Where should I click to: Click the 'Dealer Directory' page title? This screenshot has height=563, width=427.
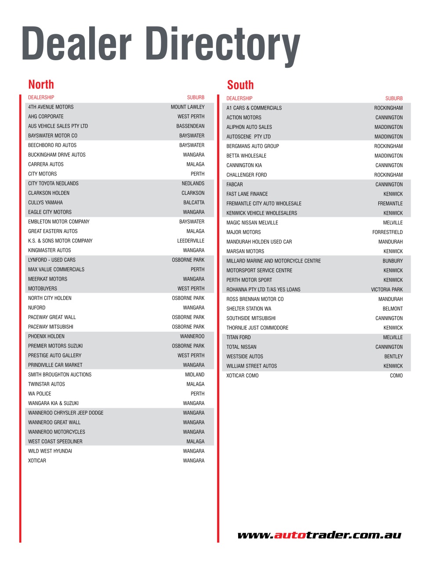tap(160, 44)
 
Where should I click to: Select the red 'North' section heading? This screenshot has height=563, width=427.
tap(41, 84)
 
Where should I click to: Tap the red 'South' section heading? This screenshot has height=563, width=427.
tap(240, 85)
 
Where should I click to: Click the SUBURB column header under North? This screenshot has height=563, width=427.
tap(195, 97)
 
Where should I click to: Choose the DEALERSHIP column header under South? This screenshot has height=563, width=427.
tap(239, 98)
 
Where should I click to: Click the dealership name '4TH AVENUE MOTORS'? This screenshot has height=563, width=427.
tap(51, 107)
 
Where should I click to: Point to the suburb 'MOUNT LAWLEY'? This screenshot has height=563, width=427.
tap(188, 107)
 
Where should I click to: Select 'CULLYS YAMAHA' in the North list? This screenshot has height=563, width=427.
tap(45, 202)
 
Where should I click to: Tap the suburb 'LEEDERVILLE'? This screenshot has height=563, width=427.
tap(191, 241)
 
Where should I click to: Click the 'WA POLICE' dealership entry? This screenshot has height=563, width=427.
tap(40, 394)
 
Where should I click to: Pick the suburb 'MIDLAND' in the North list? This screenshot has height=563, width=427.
tap(195, 375)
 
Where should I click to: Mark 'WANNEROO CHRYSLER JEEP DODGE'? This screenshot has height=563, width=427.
tap(66, 413)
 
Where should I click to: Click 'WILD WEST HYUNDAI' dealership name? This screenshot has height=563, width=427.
tap(50, 451)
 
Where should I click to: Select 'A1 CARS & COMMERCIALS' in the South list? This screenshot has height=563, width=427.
tap(254, 108)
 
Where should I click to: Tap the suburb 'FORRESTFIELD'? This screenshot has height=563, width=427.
tap(387, 232)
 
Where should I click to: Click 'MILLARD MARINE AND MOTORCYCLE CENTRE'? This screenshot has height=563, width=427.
tap(273, 261)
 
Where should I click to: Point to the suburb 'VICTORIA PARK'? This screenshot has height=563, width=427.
tap(387, 289)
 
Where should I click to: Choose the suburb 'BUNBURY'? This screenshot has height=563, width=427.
tap(392, 261)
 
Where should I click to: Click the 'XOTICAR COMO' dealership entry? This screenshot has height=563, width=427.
tap(242, 376)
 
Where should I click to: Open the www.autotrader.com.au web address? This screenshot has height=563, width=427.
tap(319, 535)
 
